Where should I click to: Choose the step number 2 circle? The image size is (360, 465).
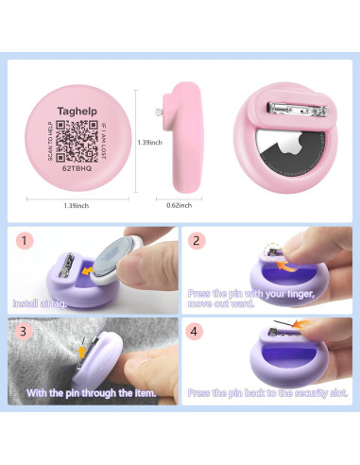pyautogui.click(x=198, y=241)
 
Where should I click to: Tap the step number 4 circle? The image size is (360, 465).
pyautogui.click(x=198, y=331)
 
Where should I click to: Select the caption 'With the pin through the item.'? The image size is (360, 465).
pyautogui.click(x=90, y=391)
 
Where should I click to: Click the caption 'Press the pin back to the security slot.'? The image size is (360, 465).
pyautogui.click(x=267, y=391)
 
